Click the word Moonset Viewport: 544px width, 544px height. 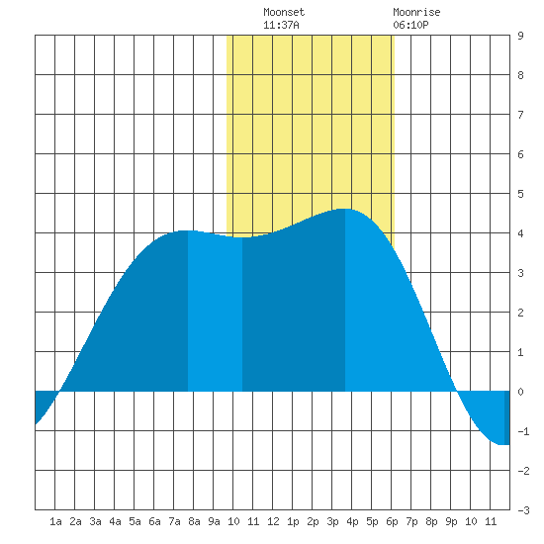pyautogui.click(x=284, y=12)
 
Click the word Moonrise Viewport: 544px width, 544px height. pyautogui.click(x=416, y=12)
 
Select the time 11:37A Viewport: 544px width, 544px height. pyautogui.click(x=281, y=25)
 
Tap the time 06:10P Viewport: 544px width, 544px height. pyautogui.click(x=410, y=25)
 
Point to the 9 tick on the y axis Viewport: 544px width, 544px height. pyautogui.click(x=520, y=36)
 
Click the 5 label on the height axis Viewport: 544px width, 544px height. pyautogui.click(x=520, y=194)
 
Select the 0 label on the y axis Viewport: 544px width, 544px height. pyautogui.click(x=520, y=392)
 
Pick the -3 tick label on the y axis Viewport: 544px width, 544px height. pyautogui.click(x=523, y=510)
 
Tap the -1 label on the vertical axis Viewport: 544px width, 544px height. pyautogui.click(x=523, y=431)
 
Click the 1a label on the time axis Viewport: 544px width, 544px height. pyautogui.click(x=55, y=521)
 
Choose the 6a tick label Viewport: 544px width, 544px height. pyautogui.click(x=154, y=521)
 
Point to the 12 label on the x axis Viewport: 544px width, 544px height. pyautogui.click(x=273, y=521)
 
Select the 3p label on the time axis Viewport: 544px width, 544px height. pyautogui.click(x=332, y=521)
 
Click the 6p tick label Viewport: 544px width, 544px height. pyautogui.click(x=392, y=521)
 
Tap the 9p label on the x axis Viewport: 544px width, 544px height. pyautogui.click(x=451, y=521)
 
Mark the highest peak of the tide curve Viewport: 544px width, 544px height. pyautogui.click(x=345, y=209)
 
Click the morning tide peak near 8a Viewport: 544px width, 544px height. pyautogui.click(x=187, y=230)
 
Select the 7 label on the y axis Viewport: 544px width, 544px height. pyautogui.click(x=520, y=115)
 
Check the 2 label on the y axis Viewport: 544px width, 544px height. pyautogui.click(x=520, y=313)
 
